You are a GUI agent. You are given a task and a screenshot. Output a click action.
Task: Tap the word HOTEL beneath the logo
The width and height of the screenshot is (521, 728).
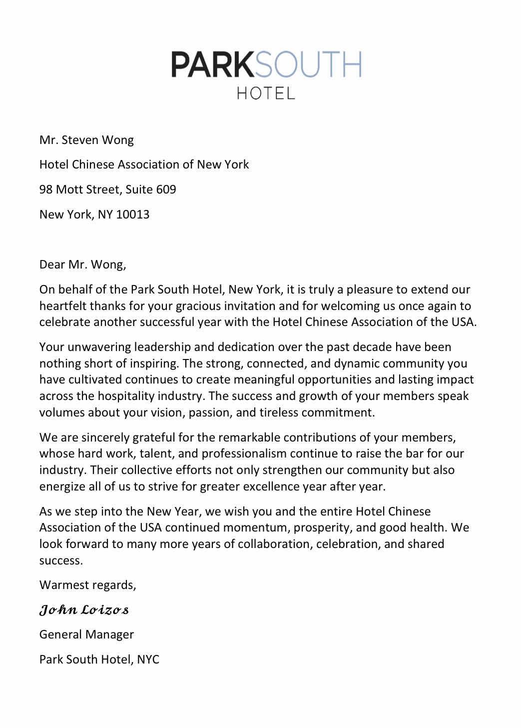(266, 93)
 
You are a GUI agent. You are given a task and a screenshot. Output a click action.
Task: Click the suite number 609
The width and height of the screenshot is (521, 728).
(166, 190)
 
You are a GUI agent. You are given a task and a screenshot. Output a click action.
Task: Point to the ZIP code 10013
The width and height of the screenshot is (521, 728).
(133, 215)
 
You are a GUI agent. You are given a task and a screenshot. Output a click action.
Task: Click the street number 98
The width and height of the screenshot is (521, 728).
(46, 190)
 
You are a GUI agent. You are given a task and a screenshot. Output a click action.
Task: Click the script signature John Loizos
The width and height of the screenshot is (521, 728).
(84, 610)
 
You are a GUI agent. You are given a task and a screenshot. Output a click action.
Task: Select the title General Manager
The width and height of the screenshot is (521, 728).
(86, 634)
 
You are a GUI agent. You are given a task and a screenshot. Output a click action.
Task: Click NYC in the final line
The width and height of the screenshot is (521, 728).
(148, 659)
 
